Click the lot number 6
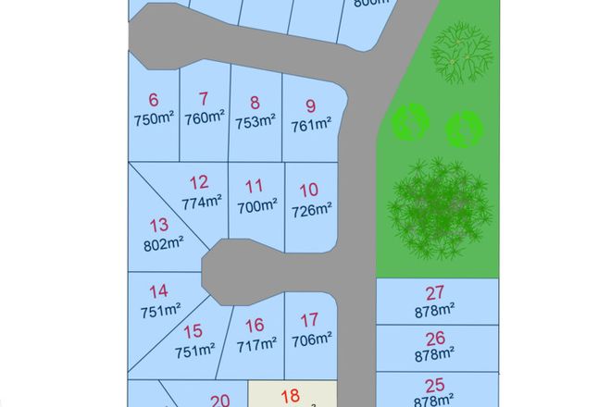(x=154, y=100)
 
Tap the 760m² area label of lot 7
(x=205, y=117)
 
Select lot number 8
(x=255, y=104)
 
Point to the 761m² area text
(x=311, y=125)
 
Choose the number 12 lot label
(x=198, y=182)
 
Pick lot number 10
(x=309, y=191)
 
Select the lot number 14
(x=158, y=291)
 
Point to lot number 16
(x=255, y=325)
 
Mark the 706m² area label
(x=311, y=340)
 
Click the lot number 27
(x=434, y=293)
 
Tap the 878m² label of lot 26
(x=434, y=353)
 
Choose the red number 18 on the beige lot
(x=290, y=396)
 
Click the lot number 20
(x=219, y=401)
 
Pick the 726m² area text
(x=311, y=210)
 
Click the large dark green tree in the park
(x=438, y=208)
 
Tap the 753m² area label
(x=255, y=121)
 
